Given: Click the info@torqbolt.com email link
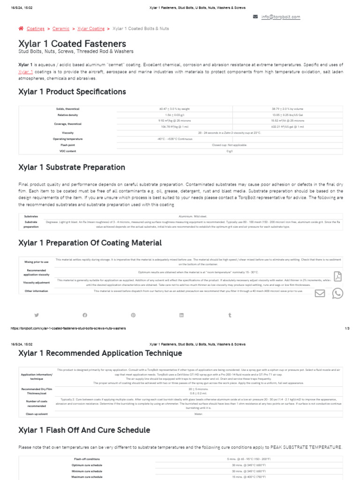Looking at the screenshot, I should click(x=281, y=17).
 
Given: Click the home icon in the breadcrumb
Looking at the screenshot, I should click(x=21, y=29).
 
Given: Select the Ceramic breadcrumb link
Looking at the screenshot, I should click(x=61, y=29).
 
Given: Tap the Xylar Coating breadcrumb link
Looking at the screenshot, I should click(x=91, y=29).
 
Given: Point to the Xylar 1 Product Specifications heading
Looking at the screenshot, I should click(x=72, y=91).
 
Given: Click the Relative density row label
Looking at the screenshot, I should click(x=67, y=115).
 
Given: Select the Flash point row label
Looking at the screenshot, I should click(x=67, y=145).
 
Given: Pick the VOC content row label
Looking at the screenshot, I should click(x=67, y=151).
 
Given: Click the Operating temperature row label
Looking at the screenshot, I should click(x=67, y=139).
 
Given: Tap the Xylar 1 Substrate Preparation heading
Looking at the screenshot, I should click(x=72, y=167).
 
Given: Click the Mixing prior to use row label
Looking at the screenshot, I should click(x=36, y=262).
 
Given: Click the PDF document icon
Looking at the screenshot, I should click(x=337, y=276).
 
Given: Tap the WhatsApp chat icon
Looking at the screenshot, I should click(x=337, y=293).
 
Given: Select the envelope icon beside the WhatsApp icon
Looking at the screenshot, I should click(x=320, y=293).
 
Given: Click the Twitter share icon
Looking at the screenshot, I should click(x=37, y=315).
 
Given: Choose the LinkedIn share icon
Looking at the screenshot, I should click(x=181, y=315).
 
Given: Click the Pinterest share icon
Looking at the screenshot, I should click(x=133, y=315).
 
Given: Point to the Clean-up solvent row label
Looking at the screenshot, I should click(x=36, y=414).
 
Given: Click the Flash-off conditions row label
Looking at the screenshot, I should click(x=87, y=459).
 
